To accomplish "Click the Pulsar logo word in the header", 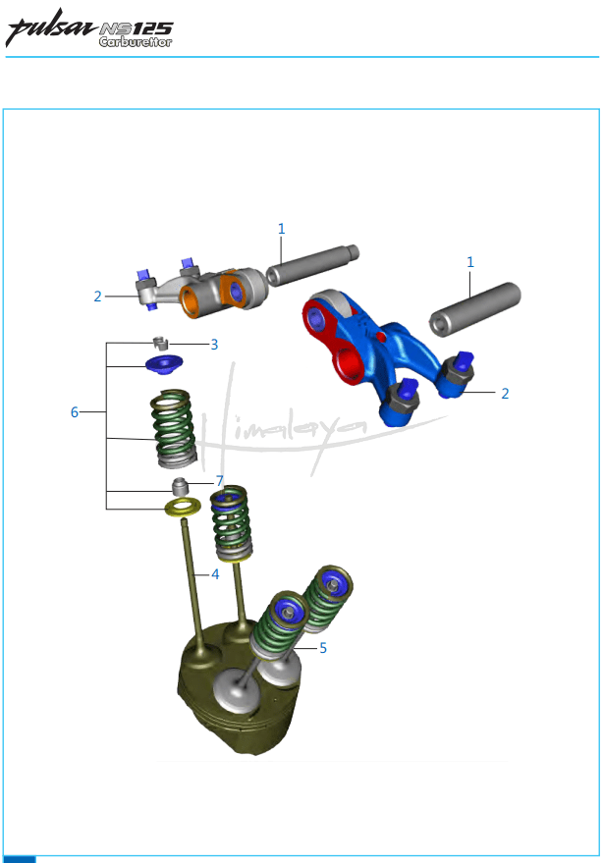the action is point(51,27).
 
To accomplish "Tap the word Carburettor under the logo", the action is point(136,42).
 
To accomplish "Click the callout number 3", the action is point(214,345).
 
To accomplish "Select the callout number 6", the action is point(75,412).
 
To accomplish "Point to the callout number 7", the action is point(220,481).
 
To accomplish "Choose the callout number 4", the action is point(215,574).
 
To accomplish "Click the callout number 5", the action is point(323,648).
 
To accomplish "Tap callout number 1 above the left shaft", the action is point(282,229).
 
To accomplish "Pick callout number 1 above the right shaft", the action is point(470,262).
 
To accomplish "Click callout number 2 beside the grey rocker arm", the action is point(97,297).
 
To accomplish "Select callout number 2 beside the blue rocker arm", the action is point(505,394).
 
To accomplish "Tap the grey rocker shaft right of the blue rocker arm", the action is point(474,308).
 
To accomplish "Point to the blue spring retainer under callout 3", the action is point(164,364).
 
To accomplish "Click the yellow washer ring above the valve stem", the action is point(183,507).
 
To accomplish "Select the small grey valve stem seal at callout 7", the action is point(180,487).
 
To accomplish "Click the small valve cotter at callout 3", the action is point(160,343).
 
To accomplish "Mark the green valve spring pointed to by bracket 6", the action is point(174,428).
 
